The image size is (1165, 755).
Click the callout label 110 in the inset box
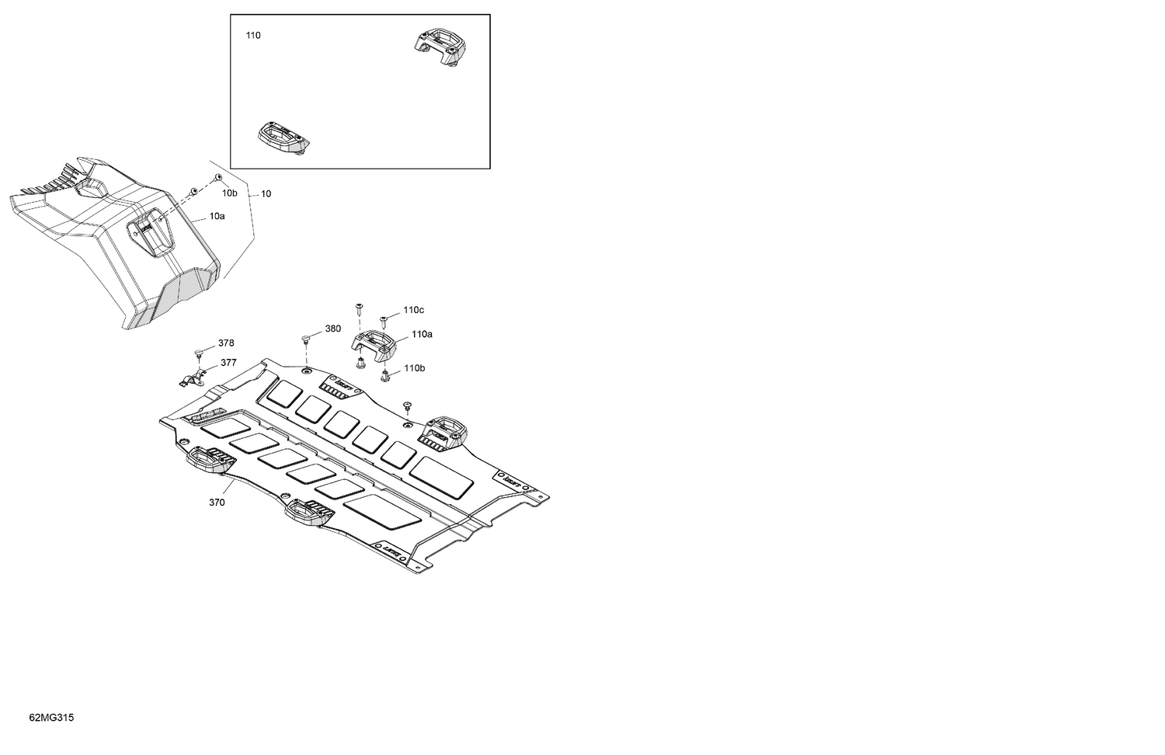click(x=252, y=36)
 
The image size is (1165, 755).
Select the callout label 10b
click(x=229, y=193)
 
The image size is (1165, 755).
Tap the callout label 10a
click(x=217, y=216)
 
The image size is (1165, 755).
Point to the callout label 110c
click(x=413, y=310)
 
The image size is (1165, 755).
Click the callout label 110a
click(x=422, y=334)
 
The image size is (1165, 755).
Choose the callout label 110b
click(x=415, y=368)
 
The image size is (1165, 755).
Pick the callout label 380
click(x=333, y=329)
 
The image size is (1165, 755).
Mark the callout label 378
click(x=226, y=343)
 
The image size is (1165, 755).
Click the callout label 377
click(x=229, y=363)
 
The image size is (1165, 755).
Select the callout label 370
click(x=217, y=503)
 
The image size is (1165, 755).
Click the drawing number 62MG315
click(x=51, y=718)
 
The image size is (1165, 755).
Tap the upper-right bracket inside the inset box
click(x=440, y=47)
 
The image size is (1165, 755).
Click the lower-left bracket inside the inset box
click(x=284, y=137)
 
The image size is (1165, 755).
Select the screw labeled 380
click(x=306, y=340)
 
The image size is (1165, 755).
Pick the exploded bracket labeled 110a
click(x=374, y=345)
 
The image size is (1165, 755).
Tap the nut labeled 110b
click(x=385, y=376)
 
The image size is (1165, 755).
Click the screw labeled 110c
click(x=384, y=322)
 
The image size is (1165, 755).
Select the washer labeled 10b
click(x=218, y=178)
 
